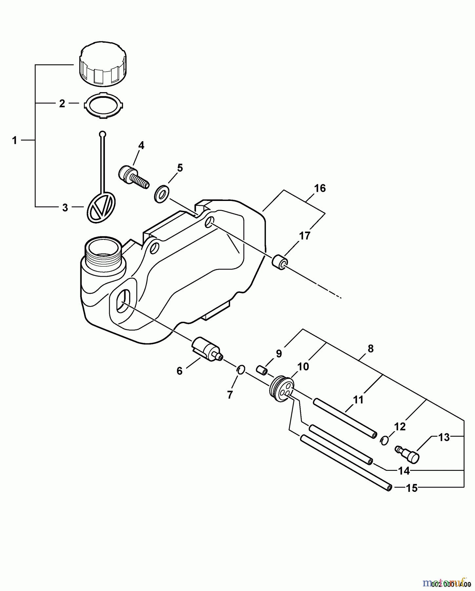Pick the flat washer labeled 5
pos(161,194)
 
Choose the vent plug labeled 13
pos(408,454)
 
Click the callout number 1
pos(14,141)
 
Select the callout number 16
pos(320,188)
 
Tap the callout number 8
pos(371,348)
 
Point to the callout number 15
pos(412,488)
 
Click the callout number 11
pos(358,400)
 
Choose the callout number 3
pos(65,208)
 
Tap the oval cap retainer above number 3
pos(101,207)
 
